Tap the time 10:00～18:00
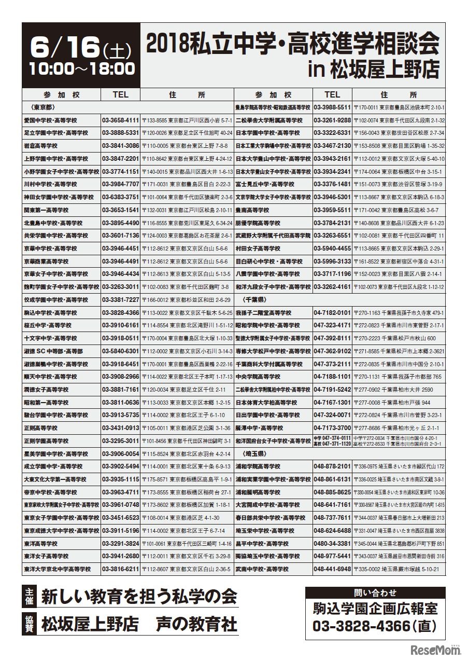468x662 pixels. tap(82, 68)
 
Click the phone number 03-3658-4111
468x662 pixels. tap(121, 120)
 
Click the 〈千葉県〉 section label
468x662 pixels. tap(255, 300)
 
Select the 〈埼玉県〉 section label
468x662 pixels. tap(255, 453)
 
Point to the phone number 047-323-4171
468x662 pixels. tap(332, 325)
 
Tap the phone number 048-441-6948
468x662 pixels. tap(332, 569)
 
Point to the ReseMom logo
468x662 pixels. tap(429, 649)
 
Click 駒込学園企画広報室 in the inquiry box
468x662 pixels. tap(375, 609)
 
